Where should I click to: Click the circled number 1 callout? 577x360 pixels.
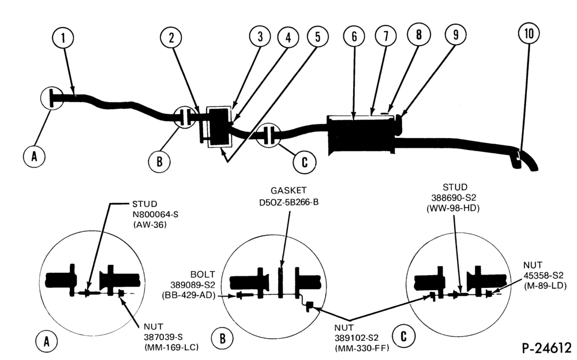tap(63, 37)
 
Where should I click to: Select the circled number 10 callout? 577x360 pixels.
tap(529, 33)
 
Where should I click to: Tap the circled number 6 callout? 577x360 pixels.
tap(354, 36)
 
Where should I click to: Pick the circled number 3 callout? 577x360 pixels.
tap(260, 36)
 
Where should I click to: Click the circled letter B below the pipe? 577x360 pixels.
tap(159, 162)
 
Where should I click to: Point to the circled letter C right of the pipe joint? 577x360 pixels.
tap(304, 162)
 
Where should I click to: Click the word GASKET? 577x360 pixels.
tap(288, 190)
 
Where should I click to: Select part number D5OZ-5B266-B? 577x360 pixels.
tap(289, 202)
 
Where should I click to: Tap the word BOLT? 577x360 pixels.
tap(203, 274)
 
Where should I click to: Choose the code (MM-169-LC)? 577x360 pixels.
tap(171, 347)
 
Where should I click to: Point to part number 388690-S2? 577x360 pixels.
tap(454, 198)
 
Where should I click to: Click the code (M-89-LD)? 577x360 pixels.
tap(545, 285)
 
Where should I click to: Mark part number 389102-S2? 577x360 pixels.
tap(356, 337)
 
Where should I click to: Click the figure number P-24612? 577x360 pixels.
tap(546, 348)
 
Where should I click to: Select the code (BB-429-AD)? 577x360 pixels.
tap(189, 295)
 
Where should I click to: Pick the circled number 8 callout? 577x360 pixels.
tap(418, 34)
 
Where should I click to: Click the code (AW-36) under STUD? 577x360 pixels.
tap(150, 224)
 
